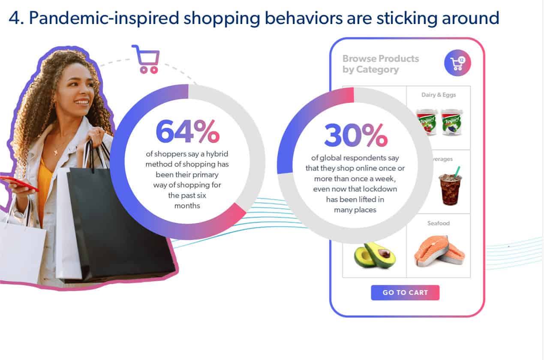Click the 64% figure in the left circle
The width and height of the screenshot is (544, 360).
(188, 131)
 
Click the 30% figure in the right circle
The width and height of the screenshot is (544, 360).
(356, 135)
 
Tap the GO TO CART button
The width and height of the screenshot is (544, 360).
(405, 293)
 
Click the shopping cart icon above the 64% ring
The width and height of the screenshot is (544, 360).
(147, 59)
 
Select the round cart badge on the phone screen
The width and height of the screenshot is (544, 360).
(457, 63)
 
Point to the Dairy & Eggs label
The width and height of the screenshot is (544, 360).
(439, 95)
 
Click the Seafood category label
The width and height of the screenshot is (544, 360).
(439, 223)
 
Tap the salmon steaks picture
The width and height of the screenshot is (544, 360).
(439, 251)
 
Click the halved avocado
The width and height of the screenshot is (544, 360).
(375, 255)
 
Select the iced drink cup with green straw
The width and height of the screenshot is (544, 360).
(450, 186)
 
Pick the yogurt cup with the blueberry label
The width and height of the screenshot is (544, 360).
(452, 122)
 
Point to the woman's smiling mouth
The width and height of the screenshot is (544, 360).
(82, 102)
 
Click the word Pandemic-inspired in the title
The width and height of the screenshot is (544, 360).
(104, 18)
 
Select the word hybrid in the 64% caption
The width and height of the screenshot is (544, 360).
(217, 154)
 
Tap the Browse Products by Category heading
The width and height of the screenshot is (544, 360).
(381, 64)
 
